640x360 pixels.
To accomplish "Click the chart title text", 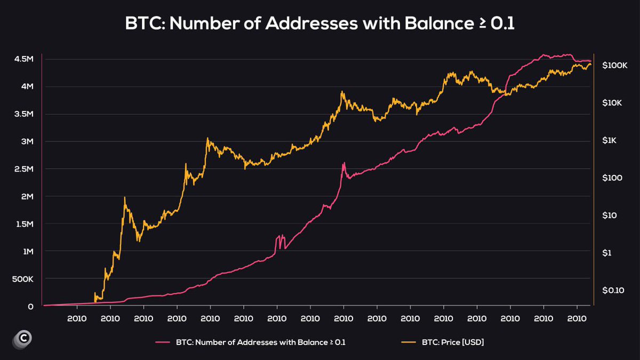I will [319, 24].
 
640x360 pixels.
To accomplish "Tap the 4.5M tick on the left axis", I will [24, 59].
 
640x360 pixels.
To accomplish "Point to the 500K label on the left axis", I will [23, 279].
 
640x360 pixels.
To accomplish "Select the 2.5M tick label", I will [24, 169].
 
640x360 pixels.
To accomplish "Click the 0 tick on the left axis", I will [31, 307].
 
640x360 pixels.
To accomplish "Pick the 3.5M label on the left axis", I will [24, 114].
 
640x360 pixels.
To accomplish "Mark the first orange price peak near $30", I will [125, 198].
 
